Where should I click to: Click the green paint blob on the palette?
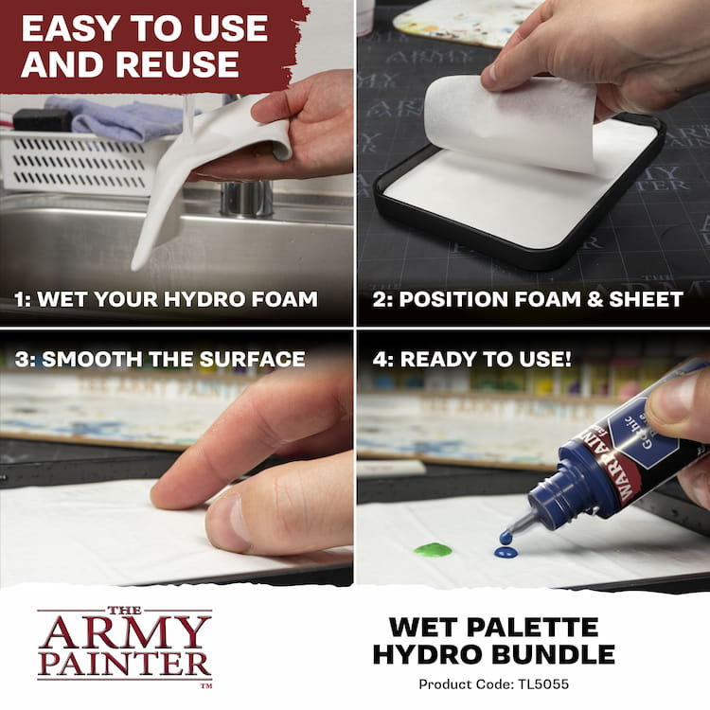(433, 550)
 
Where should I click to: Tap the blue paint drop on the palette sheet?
(506, 552)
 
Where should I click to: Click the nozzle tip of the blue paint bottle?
(506, 538)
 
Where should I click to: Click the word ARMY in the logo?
(125, 631)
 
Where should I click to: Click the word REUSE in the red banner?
(177, 63)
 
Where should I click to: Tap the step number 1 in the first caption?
(19, 299)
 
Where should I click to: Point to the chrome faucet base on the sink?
(246, 198)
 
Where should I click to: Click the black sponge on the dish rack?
(42, 120)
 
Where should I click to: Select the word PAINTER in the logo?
(125, 665)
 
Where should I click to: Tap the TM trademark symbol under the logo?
(206, 685)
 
